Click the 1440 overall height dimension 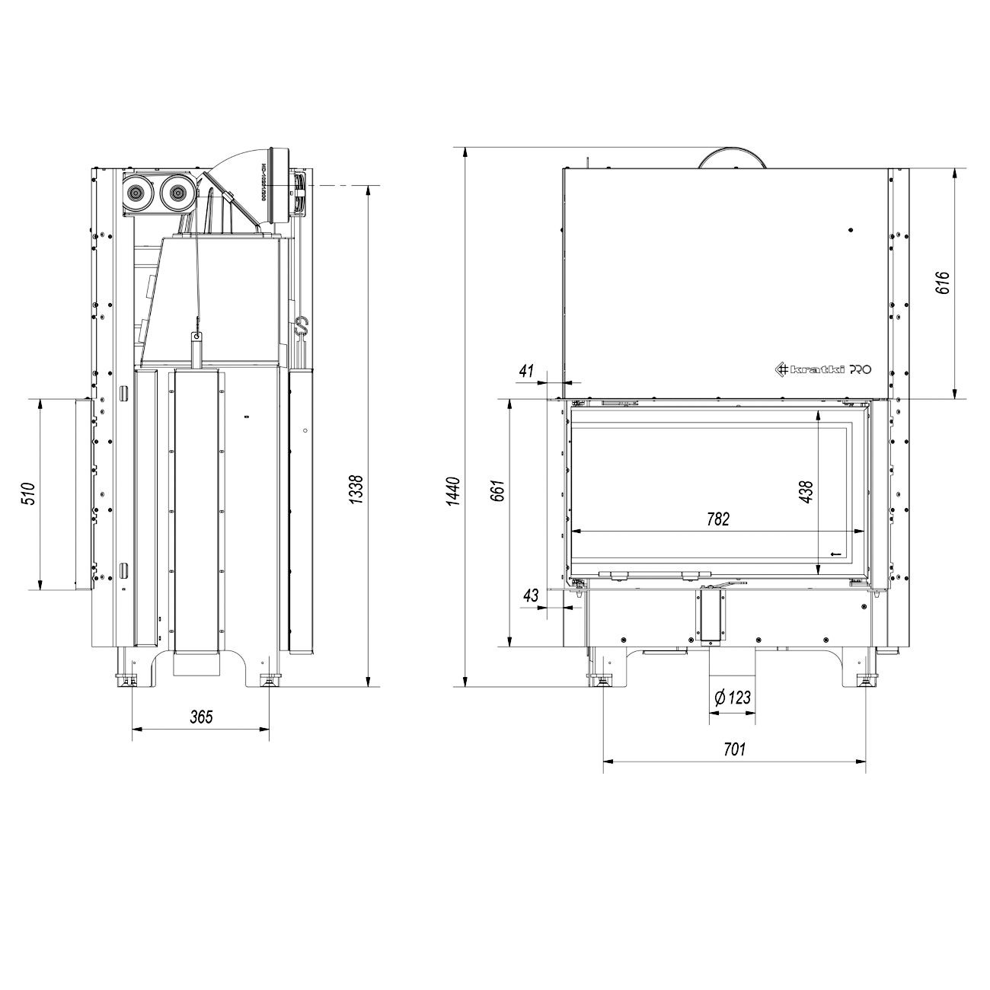pyautogui.click(x=452, y=493)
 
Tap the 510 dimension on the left pyautogui.click(x=27, y=493)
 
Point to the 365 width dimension pyautogui.click(x=201, y=717)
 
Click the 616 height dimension pyautogui.click(x=944, y=283)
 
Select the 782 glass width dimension pyautogui.click(x=717, y=519)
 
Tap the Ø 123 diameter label pyautogui.click(x=733, y=698)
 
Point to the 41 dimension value pyautogui.click(x=525, y=371)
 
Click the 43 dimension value pyautogui.click(x=531, y=595)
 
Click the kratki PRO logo pyautogui.click(x=823, y=369)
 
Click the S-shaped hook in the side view pyautogui.click(x=301, y=327)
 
